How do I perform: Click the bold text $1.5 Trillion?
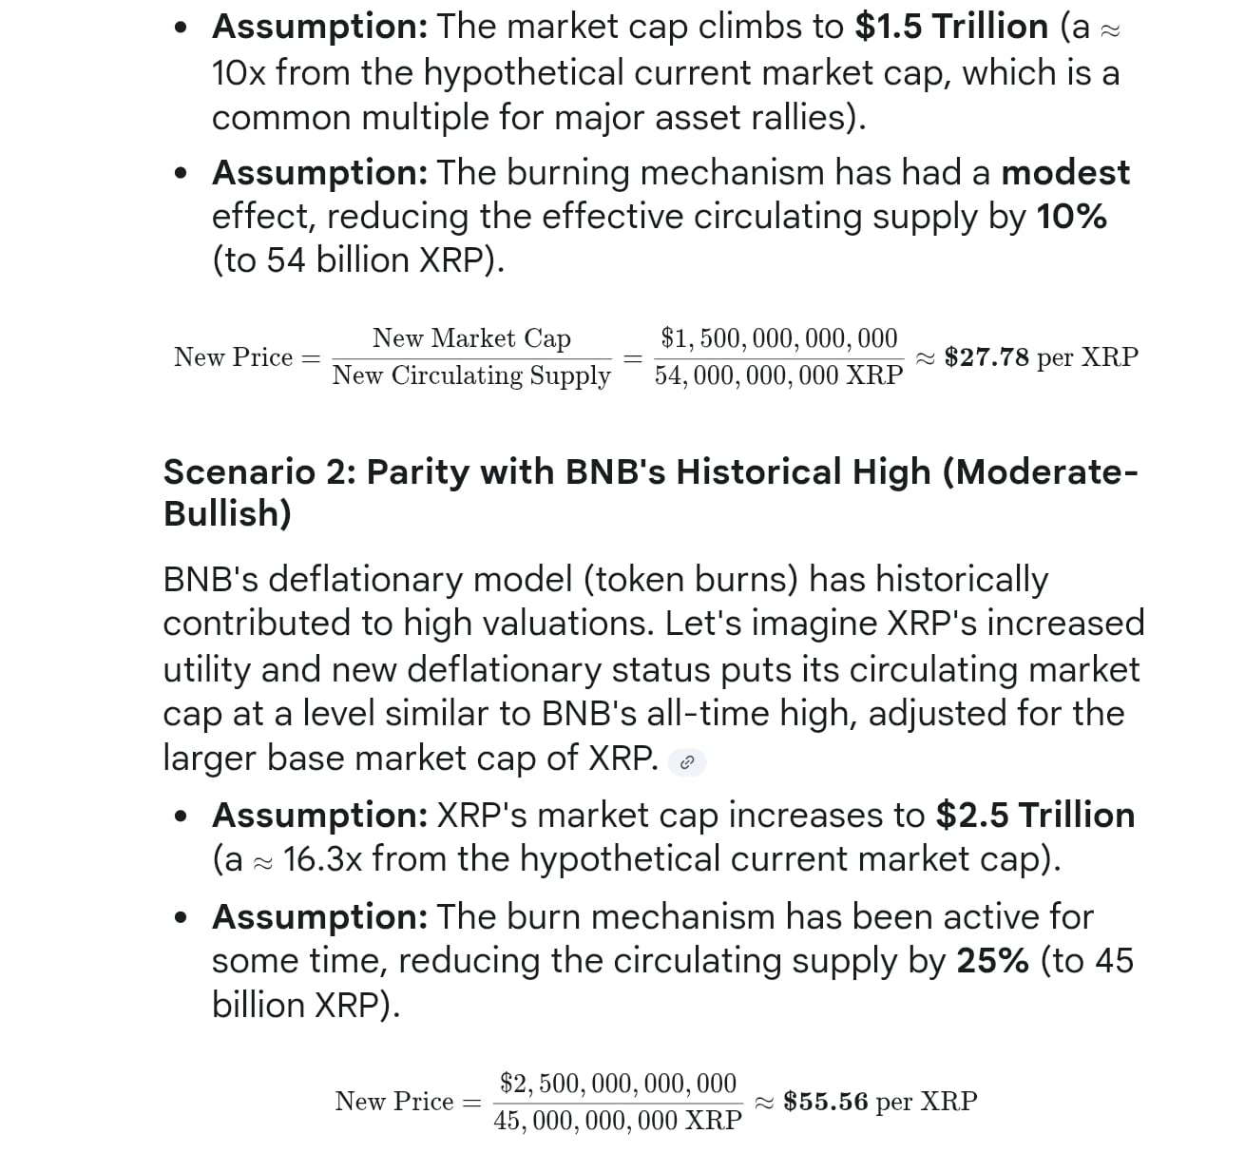click(x=950, y=28)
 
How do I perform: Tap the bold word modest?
click(x=1065, y=173)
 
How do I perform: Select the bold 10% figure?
click(x=1071, y=217)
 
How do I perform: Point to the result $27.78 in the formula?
click(x=986, y=357)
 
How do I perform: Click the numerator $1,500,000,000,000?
click(x=778, y=338)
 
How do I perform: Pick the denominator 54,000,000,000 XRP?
click(x=778, y=375)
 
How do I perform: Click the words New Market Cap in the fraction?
click(x=471, y=338)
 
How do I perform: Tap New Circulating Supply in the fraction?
click(x=471, y=375)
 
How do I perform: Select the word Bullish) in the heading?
click(x=227, y=513)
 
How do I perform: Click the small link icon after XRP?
click(x=687, y=762)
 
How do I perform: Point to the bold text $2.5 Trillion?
click(x=1035, y=816)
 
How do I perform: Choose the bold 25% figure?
click(x=992, y=961)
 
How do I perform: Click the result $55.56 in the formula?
click(x=825, y=1102)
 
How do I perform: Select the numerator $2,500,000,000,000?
click(x=618, y=1084)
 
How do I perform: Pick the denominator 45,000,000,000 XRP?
click(x=618, y=1121)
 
